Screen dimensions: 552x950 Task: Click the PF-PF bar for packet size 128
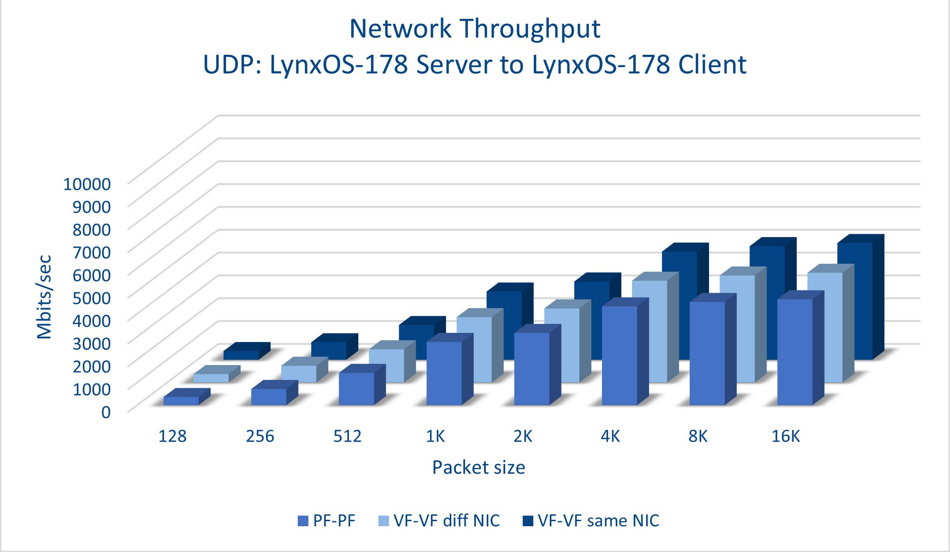[181, 401]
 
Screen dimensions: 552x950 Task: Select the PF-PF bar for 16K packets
[795, 352]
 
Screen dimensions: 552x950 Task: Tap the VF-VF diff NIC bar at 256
[299, 373]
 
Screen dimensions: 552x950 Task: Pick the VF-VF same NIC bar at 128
[241, 355]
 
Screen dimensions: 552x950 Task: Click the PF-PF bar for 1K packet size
[444, 373]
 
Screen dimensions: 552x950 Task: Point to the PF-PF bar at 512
[356, 389]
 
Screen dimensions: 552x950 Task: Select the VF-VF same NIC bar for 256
[329, 350]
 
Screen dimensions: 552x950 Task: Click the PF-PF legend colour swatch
[303, 521]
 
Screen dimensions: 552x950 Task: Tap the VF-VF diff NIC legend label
[446, 521]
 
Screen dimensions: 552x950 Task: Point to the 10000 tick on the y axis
[87, 184]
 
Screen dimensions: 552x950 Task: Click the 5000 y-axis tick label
[92, 297]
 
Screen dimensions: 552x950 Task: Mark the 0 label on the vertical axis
[106, 412]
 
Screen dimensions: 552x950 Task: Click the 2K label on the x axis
[523, 436]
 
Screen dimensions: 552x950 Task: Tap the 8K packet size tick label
[698, 436]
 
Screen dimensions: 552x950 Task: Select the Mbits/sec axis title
[45, 297]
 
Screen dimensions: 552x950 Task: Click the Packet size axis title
[478, 467]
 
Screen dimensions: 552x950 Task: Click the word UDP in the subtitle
[228, 64]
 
